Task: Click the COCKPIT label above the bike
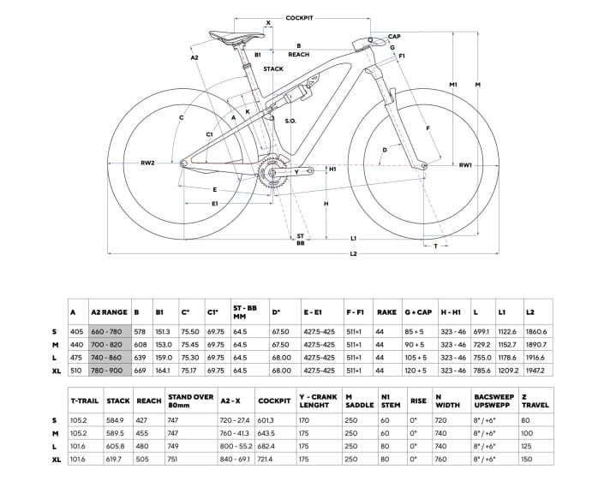(298, 16)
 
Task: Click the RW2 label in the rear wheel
(147, 162)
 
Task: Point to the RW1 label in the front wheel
(465, 164)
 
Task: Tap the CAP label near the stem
(394, 37)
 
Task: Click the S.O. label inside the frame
(290, 122)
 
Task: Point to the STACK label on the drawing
(273, 68)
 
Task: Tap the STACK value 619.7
(118, 460)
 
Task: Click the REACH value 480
(149, 447)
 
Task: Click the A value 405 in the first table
(75, 330)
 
